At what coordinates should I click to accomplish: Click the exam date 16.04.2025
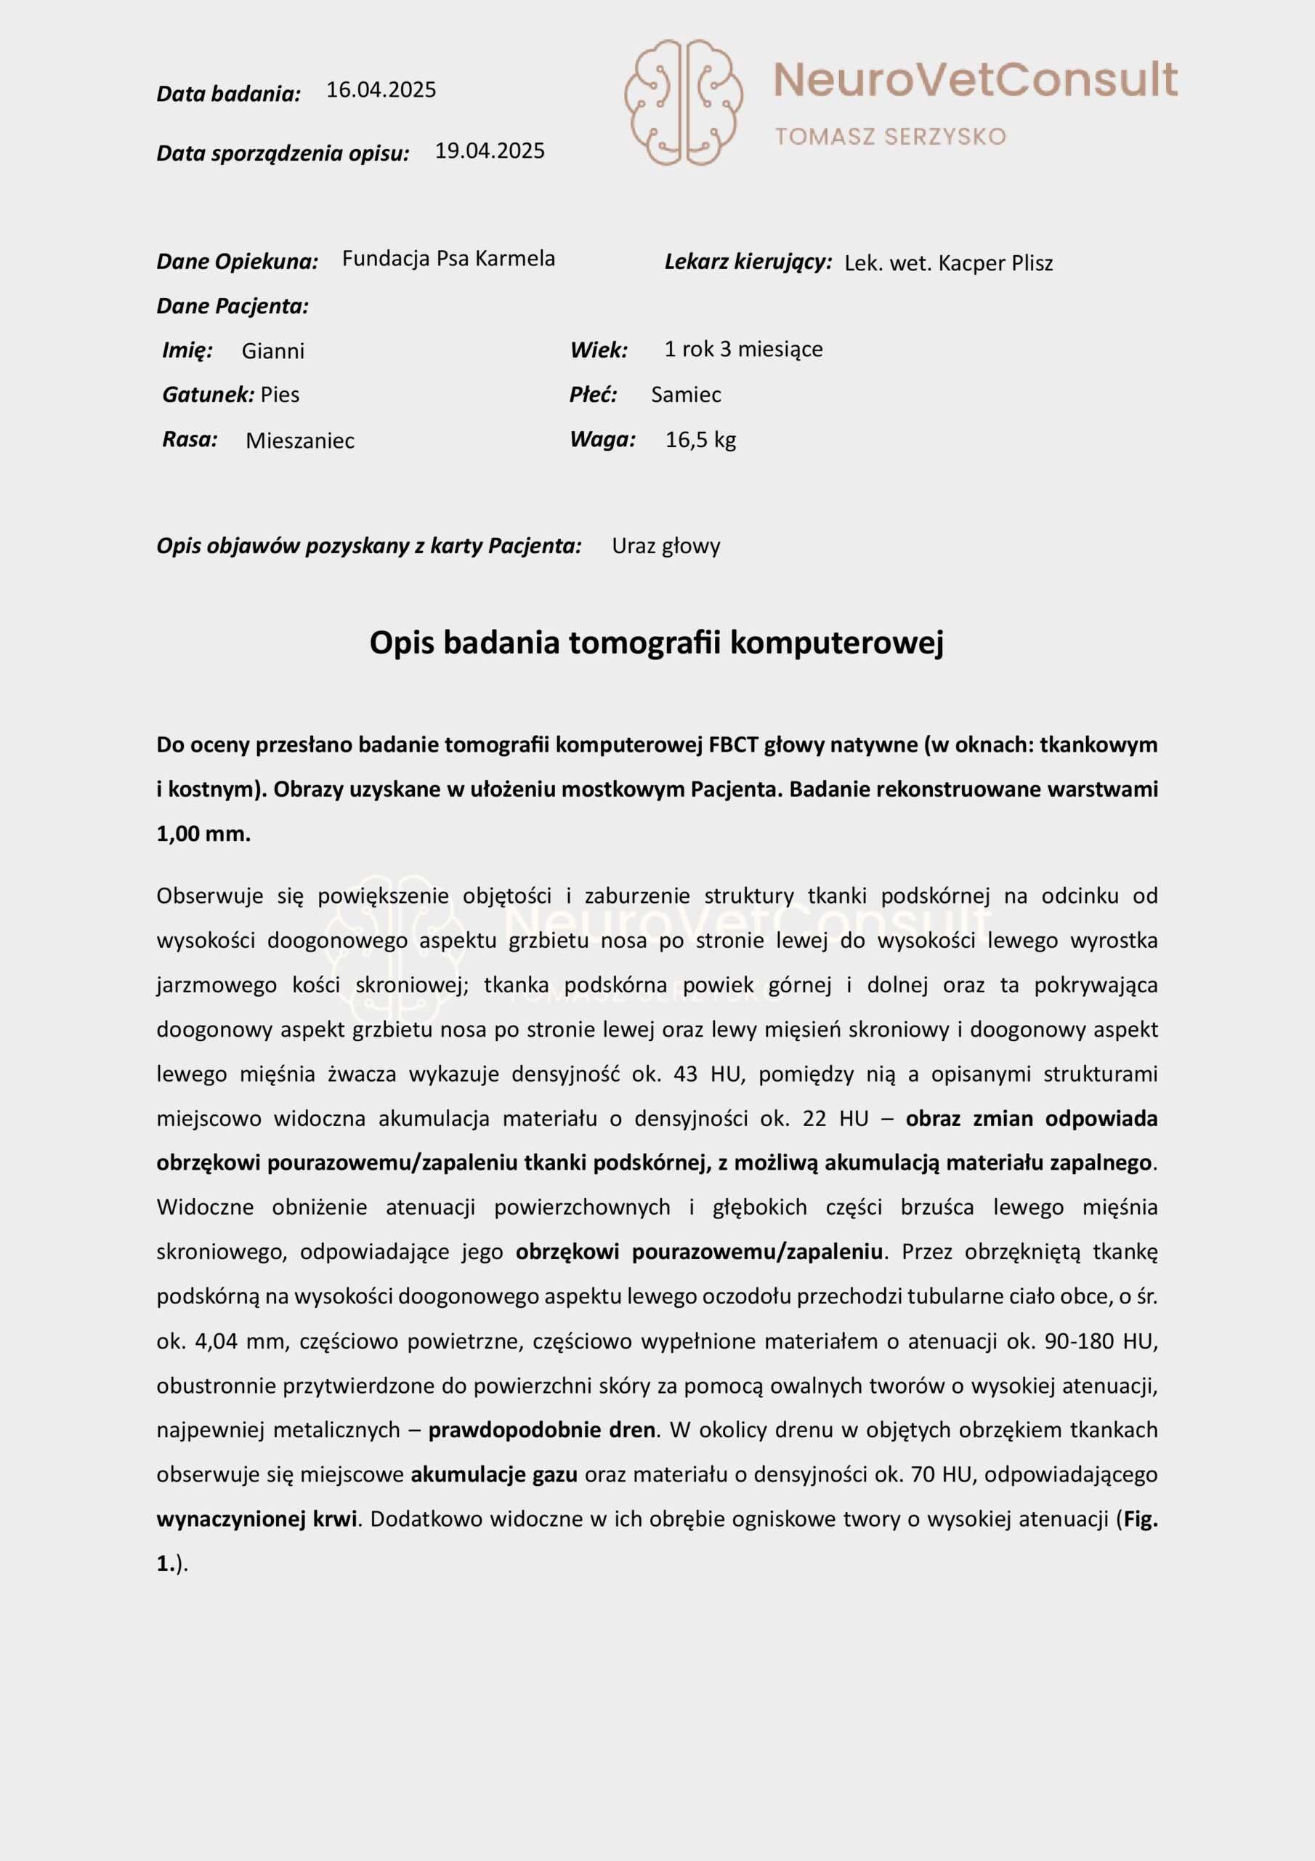coord(381,90)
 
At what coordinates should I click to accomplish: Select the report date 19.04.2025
coord(490,150)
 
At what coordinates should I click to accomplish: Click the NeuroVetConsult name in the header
coord(975,79)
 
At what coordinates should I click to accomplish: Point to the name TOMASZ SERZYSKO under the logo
coord(890,136)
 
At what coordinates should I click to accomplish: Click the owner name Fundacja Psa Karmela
coord(448,259)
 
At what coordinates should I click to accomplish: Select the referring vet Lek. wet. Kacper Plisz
coord(948,263)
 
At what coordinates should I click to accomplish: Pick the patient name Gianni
coord(273,351)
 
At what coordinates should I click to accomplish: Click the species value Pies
coord(280,395)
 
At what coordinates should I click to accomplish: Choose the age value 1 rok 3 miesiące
coord(743,350)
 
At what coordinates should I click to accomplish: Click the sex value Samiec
coord(685,395)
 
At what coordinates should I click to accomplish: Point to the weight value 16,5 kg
coord(700,440)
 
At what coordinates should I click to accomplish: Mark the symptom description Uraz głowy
coord(665,546)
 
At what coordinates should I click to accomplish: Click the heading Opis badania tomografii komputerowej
coord(656,643)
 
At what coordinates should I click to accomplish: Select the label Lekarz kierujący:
coord(748,262)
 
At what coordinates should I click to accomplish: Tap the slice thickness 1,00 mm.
coord(203,834)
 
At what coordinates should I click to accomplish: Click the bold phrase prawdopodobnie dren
coord(541,1430)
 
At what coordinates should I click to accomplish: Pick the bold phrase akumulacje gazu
coord(493,1474)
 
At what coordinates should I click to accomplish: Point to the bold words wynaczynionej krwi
coord(256,1519)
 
